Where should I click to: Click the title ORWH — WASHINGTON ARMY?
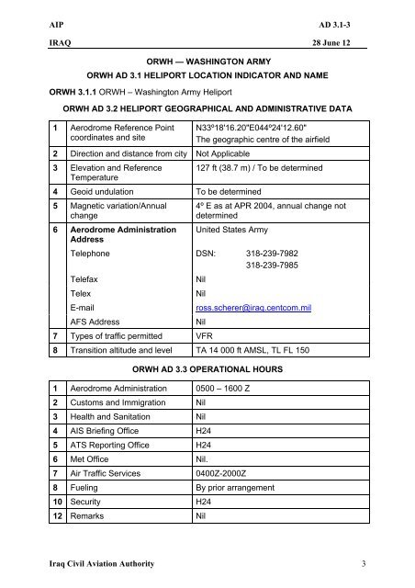click(207, 57)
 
